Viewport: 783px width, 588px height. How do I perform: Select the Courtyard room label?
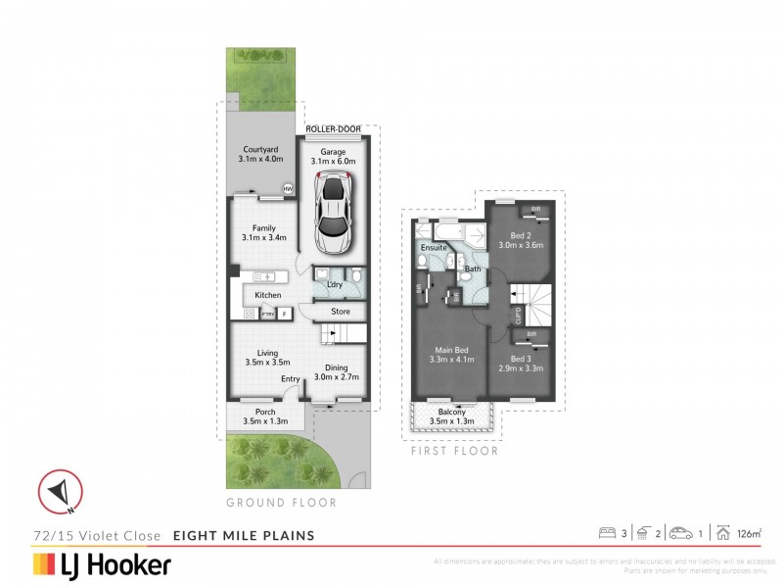[262, 150]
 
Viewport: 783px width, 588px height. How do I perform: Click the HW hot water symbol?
[288, 189]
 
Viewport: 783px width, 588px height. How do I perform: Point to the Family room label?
[262, 227]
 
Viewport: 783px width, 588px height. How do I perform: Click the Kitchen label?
[268, 295]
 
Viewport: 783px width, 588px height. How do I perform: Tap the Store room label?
[340, 313]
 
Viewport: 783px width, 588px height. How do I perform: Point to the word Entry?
[291, 379]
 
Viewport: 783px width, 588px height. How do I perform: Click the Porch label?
[265, 412]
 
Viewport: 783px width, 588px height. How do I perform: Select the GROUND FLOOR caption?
[281, 503]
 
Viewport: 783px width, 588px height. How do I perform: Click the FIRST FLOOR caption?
[455, 451]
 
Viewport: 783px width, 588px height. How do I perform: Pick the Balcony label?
[451, 413]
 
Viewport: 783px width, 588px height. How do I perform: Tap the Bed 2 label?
[521, 236]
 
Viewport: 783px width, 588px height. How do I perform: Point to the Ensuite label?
[434, 249]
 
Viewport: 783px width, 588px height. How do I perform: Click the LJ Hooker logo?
[103, 564]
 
